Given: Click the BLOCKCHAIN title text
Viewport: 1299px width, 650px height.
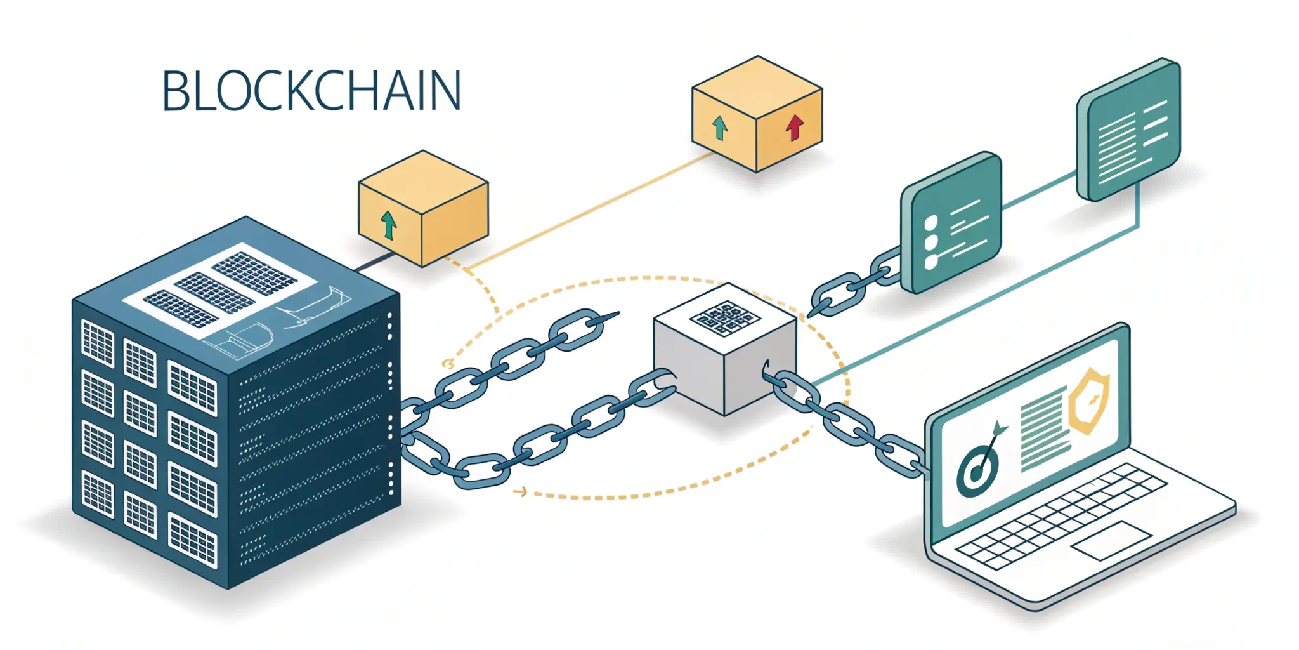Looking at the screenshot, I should [x=311, y=91].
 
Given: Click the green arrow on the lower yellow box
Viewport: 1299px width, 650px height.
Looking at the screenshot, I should [x=388, y=225].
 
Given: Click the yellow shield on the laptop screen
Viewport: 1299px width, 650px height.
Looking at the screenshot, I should [x=1089, y=401].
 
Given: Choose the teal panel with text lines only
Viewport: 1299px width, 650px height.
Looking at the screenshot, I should [x=1129, y=130].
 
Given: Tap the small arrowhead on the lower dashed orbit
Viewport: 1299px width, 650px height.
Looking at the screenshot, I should [x=521, y=491].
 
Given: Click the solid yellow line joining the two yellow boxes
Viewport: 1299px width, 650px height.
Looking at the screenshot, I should [x=590, y=209].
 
